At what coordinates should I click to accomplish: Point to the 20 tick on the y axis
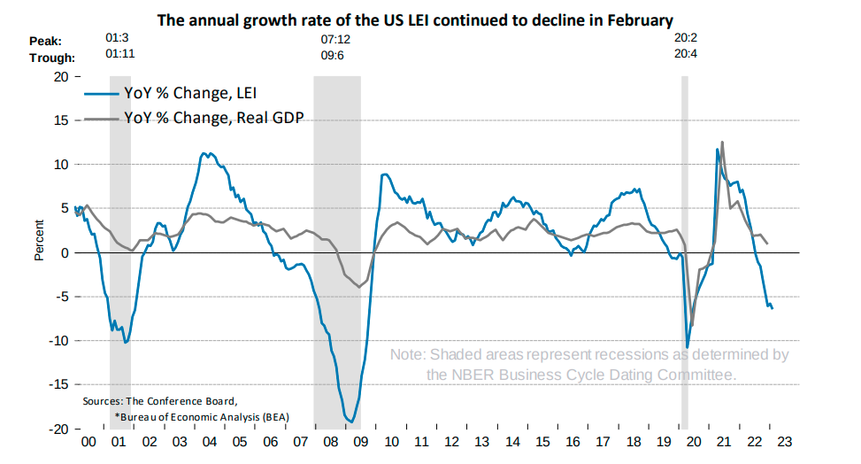[x=61, y=76]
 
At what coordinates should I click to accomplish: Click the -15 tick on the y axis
[x=58, y=385]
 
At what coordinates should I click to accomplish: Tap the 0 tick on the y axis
[x=65, y=252]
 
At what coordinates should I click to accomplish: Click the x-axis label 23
[x=785, y=442]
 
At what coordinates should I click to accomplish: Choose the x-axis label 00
[x=88, y=442]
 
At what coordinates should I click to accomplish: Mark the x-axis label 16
[x=573, y=442]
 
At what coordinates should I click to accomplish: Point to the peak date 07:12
[x=337, y=40]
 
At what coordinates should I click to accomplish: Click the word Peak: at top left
[x=47, y=41]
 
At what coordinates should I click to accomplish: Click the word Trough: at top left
[x=52, y=58]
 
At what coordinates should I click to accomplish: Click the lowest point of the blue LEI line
[x=350, y=421]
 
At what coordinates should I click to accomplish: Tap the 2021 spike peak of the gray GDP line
[x=723, y=142]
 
